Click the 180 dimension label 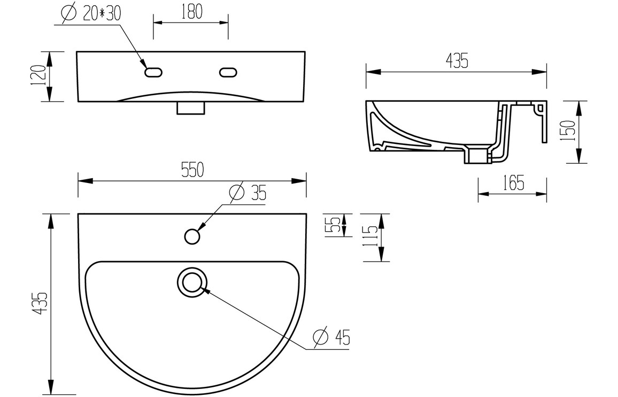(x=192, y=12)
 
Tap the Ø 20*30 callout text (x=91, y=14)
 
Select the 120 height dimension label (x=40, y=77)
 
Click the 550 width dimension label (x=192, y=170)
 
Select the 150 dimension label (x=569, y=131)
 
